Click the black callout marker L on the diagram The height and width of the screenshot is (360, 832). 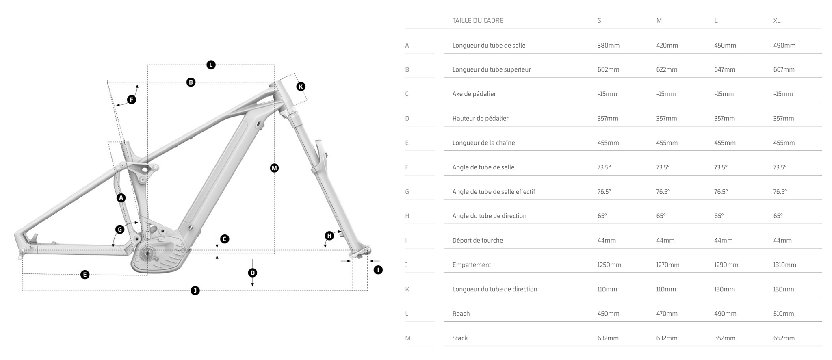(211, 65)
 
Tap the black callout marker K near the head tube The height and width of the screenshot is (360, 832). (301, 87)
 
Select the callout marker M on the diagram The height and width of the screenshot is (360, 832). (274, 168)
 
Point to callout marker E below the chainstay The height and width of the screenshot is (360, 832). (84, 275)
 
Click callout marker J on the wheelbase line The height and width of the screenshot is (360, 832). (195, 291)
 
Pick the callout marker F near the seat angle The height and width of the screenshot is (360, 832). (131, 100)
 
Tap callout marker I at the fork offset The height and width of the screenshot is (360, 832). (378, 270)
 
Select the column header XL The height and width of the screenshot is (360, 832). (776, 21)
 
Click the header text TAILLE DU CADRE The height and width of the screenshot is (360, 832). (477, 21)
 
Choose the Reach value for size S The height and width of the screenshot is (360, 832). (608, 314)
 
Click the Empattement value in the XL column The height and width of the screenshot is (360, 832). (784, 265)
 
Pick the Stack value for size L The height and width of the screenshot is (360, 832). (725, 338)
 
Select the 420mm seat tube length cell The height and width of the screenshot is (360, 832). (667, 46)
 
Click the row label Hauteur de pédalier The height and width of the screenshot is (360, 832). (480, 119)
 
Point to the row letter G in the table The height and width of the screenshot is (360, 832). (407, 192)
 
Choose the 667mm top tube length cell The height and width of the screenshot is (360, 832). (784, 70)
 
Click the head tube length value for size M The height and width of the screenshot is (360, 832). (666, 289)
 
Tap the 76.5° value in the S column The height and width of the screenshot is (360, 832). (604, 192)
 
